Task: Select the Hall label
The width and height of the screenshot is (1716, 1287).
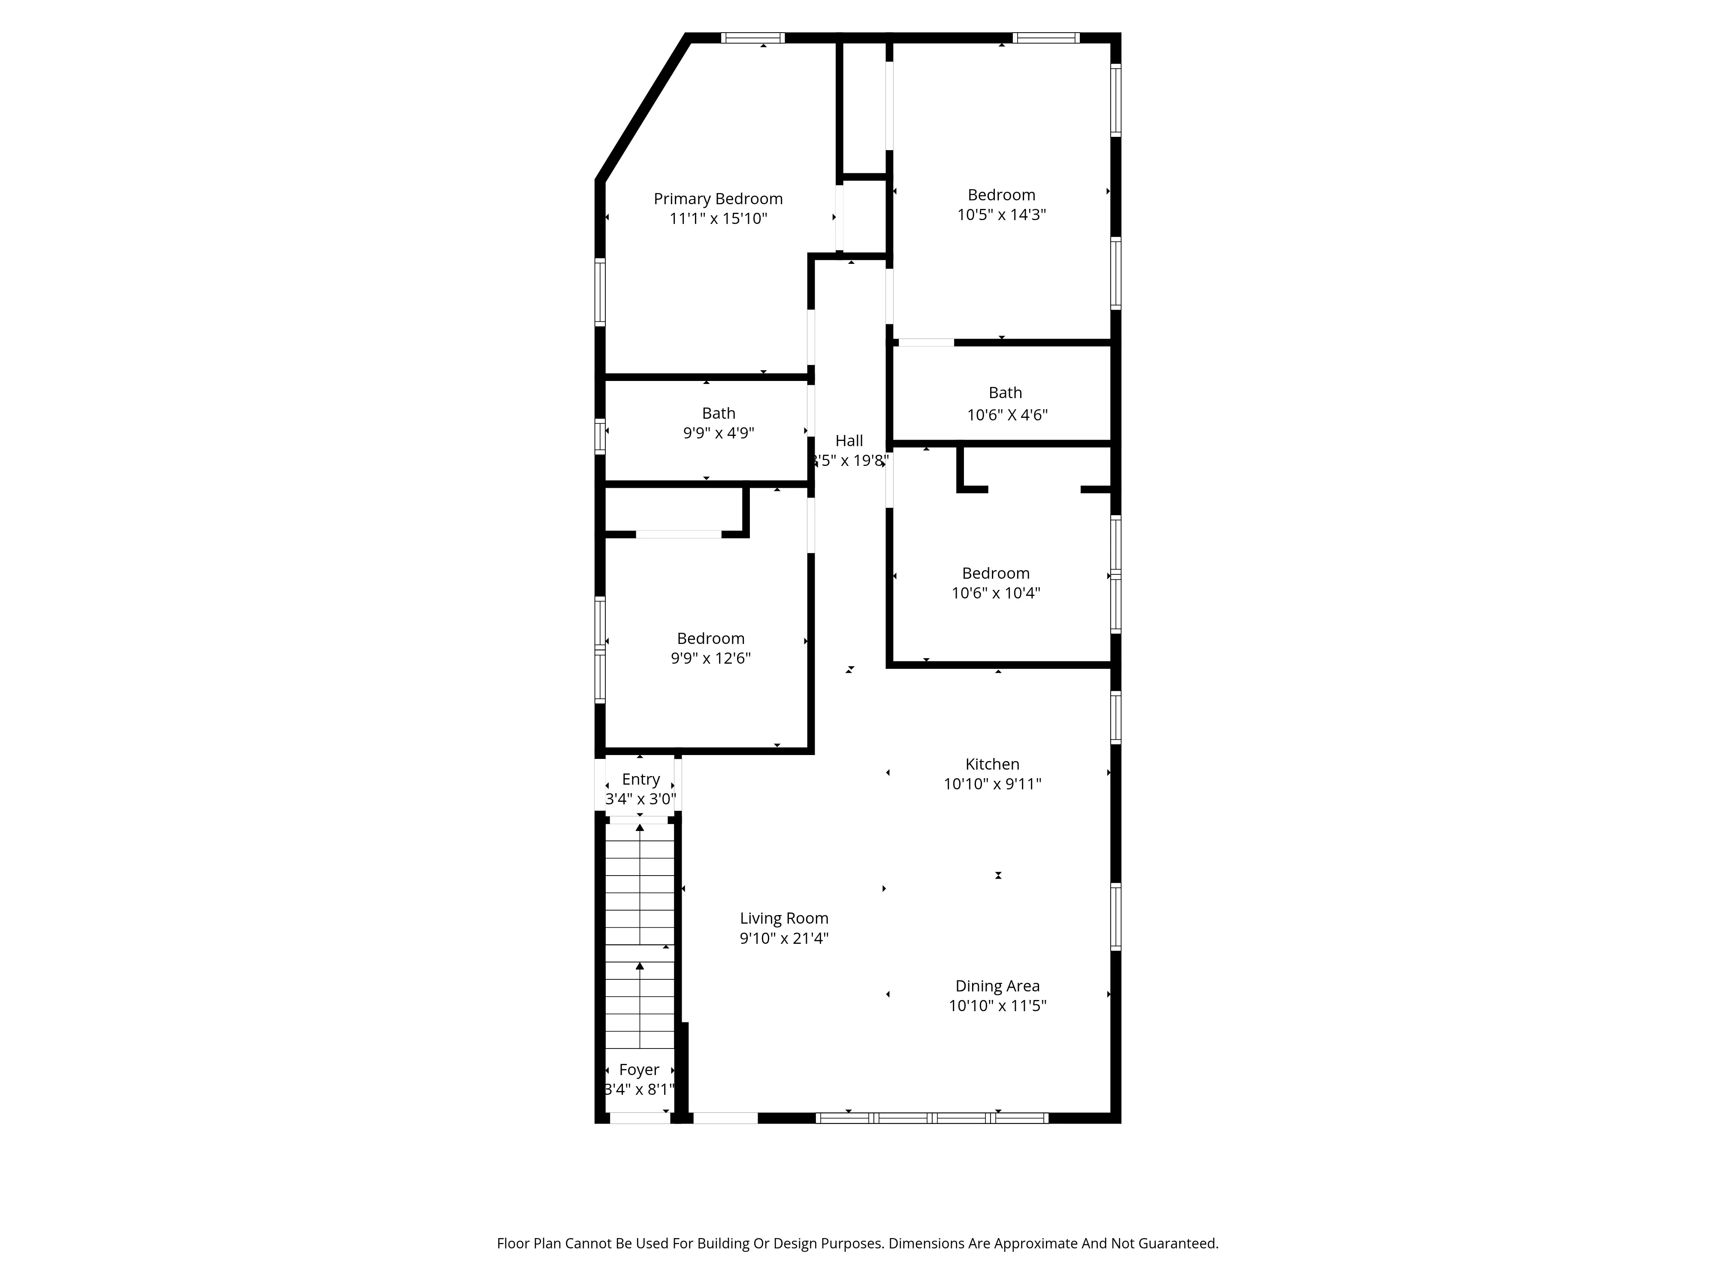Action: coord(849,441)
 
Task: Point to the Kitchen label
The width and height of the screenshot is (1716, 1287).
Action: coord(992,764)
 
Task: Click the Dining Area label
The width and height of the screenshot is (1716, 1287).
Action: coord(997,986)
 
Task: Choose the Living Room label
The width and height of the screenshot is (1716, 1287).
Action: coord(783,918)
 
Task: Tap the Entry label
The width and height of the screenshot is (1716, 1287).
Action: coord(641,779)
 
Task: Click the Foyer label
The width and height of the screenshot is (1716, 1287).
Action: coord(639,1070)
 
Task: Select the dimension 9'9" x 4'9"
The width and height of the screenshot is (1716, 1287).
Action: coord(719,433)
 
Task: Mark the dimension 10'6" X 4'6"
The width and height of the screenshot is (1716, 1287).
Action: coord(1007,415)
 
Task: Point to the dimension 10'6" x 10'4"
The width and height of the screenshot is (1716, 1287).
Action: coord(995,593)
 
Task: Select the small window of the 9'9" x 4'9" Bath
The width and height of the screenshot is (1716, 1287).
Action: coord(600,436)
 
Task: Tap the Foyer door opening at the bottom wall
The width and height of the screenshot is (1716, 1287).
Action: coord(639,1118)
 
